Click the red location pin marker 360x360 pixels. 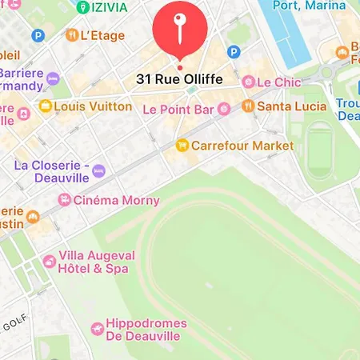click(x=180, y=30)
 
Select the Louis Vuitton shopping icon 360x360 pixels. click(x=46, y=106)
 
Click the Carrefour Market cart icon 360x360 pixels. click(x=182, y=146)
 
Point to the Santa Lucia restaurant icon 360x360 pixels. click(x=248, y=106)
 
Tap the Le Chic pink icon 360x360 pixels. click(x=248, y=82)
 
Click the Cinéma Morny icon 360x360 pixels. click(x=64, y=200)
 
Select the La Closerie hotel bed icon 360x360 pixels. click(x=98, y=170)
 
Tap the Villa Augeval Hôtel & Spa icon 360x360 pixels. click(x=49, y=261)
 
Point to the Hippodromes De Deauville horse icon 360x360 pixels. click(x=97, y=329)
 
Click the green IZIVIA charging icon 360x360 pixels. click(x=83, y=7)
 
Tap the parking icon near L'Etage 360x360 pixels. click(x=38, y=35)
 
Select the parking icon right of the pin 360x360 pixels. click(x=234, y=52)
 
